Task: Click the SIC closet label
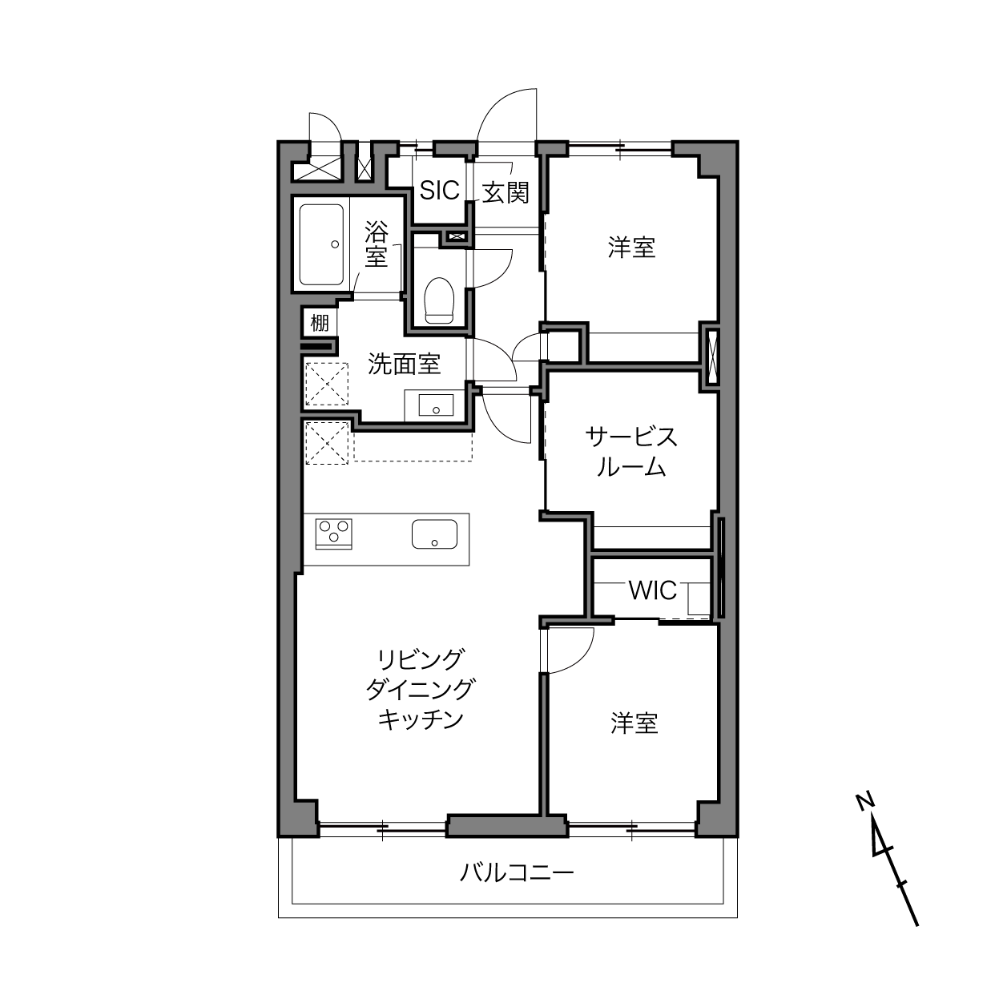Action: pos(439,191)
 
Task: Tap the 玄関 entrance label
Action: pos(506,192)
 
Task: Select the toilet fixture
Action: pos(439,301)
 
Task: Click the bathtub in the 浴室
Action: pos(322,244)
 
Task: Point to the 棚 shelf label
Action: pos(320,323)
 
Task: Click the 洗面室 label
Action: pos(405,364)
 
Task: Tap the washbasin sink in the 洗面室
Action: pos(436,405)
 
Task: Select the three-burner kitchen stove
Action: pos(333,534)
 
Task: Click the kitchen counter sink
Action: pos(435,534)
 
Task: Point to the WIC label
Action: pos(653,590)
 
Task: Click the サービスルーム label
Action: pos(631,452)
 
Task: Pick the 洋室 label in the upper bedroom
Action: pos(631,248)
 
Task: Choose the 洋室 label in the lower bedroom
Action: pos(634,723)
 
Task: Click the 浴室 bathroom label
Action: pos(376,244)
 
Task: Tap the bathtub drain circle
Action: pos(335,244)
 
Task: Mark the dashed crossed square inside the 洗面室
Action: pos(326,384)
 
